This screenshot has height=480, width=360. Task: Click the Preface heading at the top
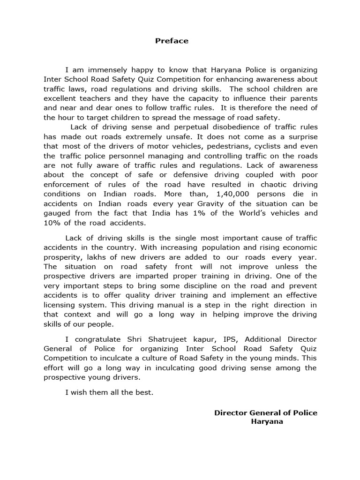coord(172,41)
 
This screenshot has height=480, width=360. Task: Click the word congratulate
coord(97,339)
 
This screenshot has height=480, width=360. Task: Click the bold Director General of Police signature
coord(266,412)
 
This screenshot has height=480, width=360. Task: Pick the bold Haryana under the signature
coord(267,421)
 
